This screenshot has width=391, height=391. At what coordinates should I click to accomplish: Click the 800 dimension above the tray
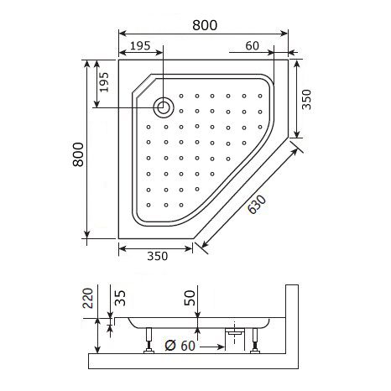[201, 24]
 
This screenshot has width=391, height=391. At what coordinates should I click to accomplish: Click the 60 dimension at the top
[253, 45]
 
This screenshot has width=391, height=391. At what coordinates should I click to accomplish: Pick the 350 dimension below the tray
[155, 257]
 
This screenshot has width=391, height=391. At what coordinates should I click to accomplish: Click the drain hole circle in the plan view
[164, 107]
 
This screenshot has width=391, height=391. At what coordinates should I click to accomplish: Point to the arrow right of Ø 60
[211, 344]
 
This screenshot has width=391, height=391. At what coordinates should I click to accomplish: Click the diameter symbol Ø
[168, 344]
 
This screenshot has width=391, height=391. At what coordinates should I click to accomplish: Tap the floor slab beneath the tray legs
[193, 362]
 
